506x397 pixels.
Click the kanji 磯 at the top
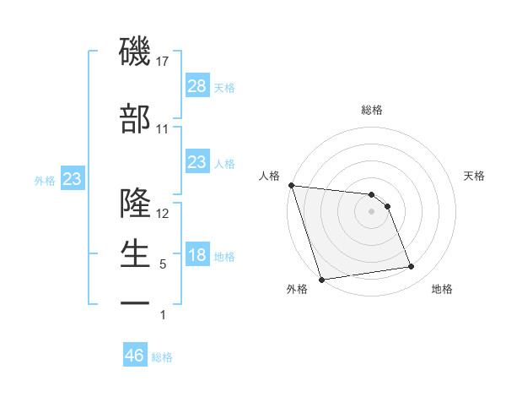[x=136, y=52]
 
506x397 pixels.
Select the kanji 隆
[x=136, y=203]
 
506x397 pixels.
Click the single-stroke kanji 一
[x=136, y=302]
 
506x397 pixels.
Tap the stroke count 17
[x=164, y=62]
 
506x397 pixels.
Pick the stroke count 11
[x=163, y=128]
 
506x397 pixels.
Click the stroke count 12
[x=164, y=213]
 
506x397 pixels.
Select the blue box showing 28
[x=196, y=86]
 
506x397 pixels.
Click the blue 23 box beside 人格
[x=196, y=162]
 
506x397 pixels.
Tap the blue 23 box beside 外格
[x=72, y=179]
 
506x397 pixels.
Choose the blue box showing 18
[x=196, y=255]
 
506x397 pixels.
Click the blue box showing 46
[x=135, y=356]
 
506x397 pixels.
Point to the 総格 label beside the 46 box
[x=162, y=357]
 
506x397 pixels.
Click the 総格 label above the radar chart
[x=371, y=110]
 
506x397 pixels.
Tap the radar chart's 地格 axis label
[x=442, y=290]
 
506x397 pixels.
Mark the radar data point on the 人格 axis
[x=291, y=185]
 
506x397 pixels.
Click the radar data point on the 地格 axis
[x=412, y=267]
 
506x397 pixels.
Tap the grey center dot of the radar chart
[x=371, y=211]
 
